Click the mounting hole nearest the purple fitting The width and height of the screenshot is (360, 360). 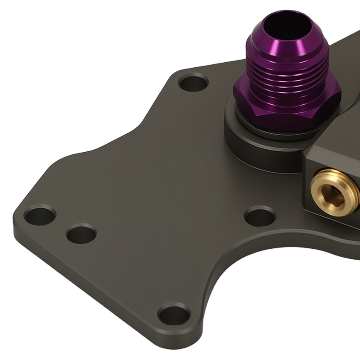(x=193, y=84)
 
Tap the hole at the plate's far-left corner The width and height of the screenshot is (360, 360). (x=40, y=215)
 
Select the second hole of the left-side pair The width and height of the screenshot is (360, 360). (x=82, y=234)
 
